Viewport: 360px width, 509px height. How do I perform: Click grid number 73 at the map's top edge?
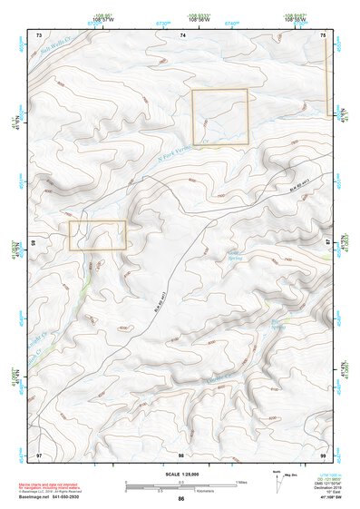[x=39, y=34]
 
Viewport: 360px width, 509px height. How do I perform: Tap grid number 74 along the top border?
[x=184, y=34]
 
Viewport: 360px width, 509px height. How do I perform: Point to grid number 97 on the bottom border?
[x=39, y=454]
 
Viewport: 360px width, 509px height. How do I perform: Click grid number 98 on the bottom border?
[x=181, y=454]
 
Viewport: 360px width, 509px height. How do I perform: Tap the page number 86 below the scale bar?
[x=181, y=499]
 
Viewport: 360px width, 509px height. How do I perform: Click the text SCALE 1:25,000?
[x=181, y=475]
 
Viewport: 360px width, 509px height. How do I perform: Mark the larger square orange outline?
[x=220, y=117]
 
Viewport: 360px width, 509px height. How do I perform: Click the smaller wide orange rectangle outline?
[x=98, y=235]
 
